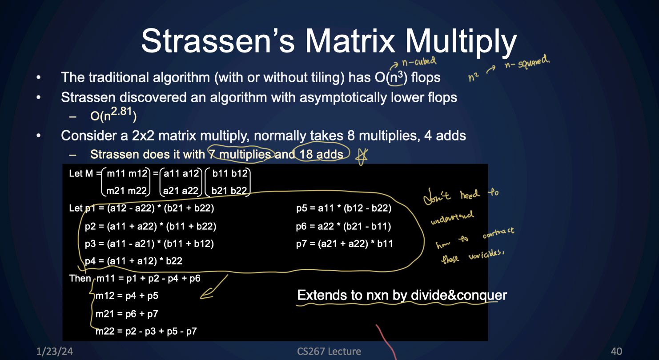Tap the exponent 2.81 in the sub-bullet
121,111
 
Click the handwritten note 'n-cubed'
419,62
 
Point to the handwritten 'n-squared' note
526,62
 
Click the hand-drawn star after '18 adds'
362,156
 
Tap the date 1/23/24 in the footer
54,351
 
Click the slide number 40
616,351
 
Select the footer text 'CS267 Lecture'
329,351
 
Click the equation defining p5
344,208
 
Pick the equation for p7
345,244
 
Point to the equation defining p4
133,261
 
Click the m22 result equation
146,332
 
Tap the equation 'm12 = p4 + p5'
127,296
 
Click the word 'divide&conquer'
458,295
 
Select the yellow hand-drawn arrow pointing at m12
214,287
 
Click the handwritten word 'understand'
452,217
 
